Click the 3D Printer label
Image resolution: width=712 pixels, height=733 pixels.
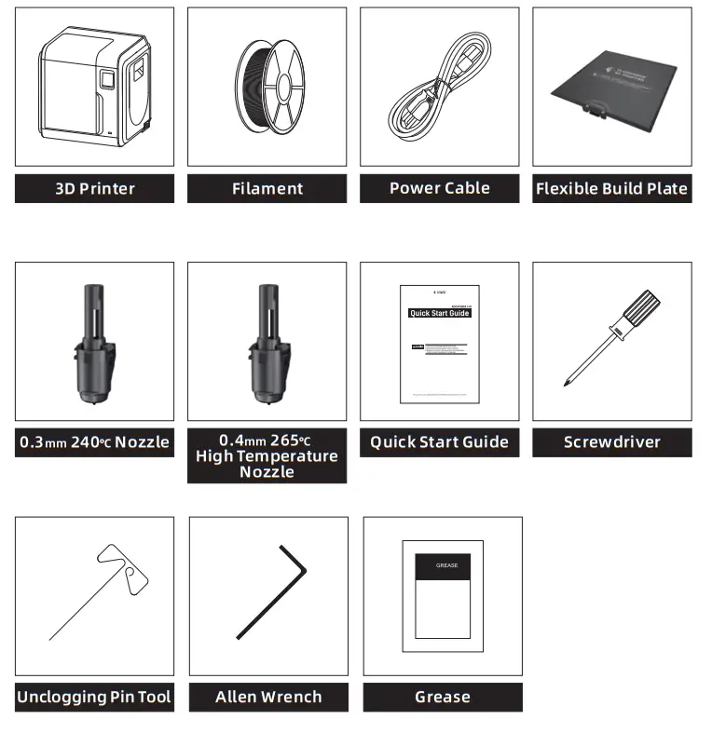click(94, 189)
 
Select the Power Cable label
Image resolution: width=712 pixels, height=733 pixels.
click(439, 189)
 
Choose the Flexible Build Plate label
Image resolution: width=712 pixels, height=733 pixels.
click(611, 189)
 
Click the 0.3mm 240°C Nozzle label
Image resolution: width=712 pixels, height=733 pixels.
click(94, 442)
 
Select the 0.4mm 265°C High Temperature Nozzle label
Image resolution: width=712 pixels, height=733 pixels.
click(267, 455)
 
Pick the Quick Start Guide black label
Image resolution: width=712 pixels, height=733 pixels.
click(439, 442)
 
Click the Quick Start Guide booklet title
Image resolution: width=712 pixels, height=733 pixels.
click(440, 314)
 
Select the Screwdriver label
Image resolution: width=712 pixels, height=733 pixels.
click(611, 442)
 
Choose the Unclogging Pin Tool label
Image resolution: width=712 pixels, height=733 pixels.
click(94, 697)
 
